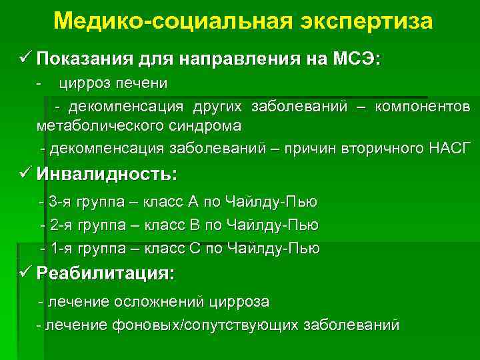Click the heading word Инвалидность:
[x=107, y=175]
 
